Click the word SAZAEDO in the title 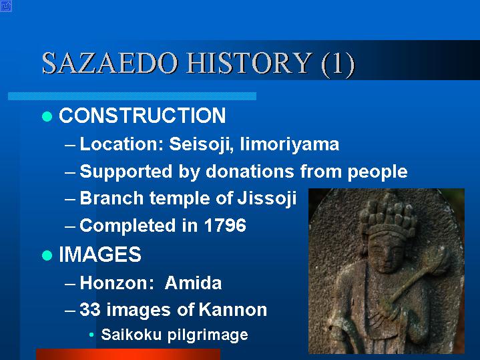point(110,63)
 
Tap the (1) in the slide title point(338,63)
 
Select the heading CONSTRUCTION point(142,116)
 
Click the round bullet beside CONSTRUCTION point(47,116)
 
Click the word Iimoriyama point(290,144)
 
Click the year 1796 point(225,225)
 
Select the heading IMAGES point(100,254)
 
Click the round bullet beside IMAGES point(47,255)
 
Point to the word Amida point(193,283)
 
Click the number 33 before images point(90,309)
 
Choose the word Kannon point(233,309)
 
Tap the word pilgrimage point(208,335)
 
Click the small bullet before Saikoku point(91,335)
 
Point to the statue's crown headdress point(388,216)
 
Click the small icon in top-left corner point(6,6)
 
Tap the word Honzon point(117,283)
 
